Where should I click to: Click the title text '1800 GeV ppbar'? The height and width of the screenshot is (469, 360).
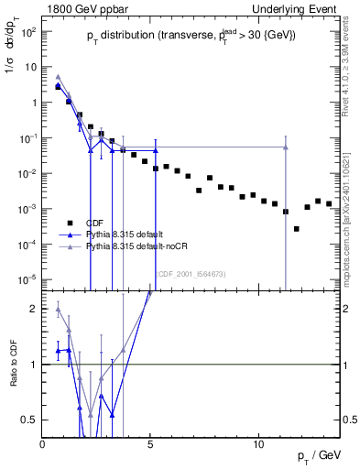79,7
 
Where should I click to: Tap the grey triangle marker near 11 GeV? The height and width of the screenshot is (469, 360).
286,147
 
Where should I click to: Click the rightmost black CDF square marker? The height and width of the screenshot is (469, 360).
329,203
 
